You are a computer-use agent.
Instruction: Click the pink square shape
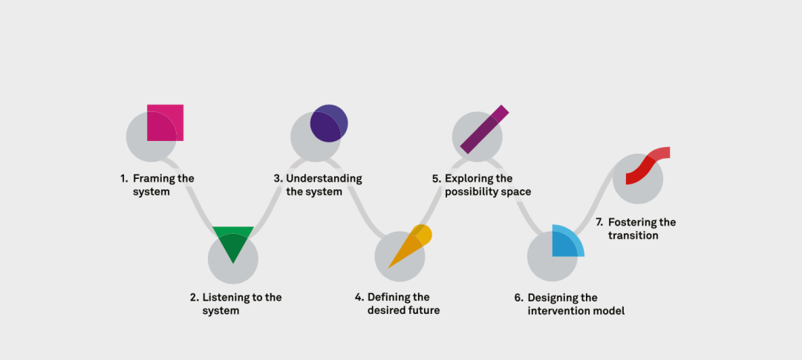165,122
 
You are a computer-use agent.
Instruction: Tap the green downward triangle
233,240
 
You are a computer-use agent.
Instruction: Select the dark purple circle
329,123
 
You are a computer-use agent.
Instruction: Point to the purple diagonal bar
484,129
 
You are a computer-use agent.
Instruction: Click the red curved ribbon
647,165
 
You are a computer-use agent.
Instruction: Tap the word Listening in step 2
226,298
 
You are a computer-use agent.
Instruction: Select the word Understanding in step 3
324,179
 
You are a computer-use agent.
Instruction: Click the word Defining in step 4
389,298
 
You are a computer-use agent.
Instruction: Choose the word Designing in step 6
551,298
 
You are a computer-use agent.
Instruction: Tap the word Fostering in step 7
631,223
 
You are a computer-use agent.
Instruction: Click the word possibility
470,192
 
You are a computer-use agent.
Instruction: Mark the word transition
633,235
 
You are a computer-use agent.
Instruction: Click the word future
423,310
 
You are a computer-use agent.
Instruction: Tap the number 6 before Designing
518,298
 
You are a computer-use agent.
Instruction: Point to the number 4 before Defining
359,298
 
